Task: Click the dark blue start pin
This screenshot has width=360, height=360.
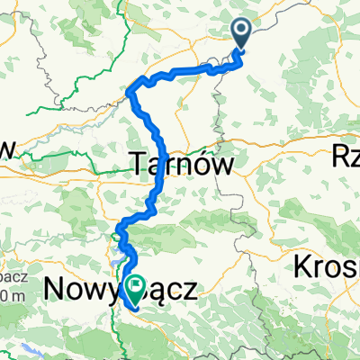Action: pyautogui.click(x=242, y=34)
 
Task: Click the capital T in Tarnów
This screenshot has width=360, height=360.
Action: pyautogui.click(x=139, y=164)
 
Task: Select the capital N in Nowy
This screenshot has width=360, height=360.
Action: pyautogui.click(x=56, y=290)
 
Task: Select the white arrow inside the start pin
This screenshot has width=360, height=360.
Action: pyautogui.click(x=242, y=31)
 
